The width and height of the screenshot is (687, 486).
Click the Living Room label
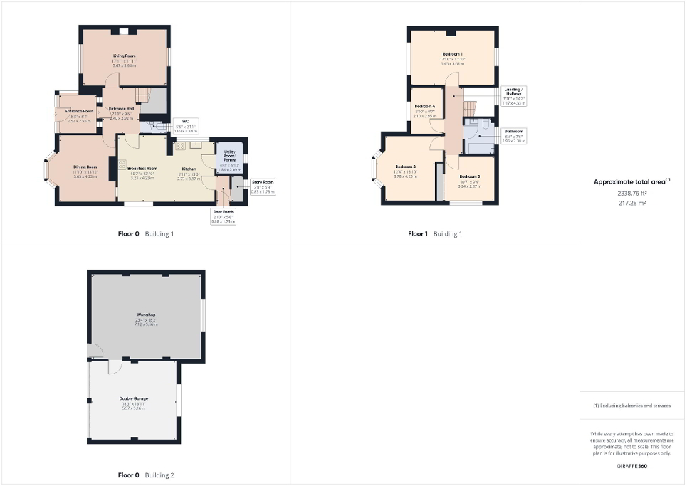click(124, 56)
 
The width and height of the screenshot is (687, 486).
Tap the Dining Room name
click(84, 169)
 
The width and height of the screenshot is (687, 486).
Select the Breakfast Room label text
click(142, 169)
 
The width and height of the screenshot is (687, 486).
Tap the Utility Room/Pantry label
click(230, 156)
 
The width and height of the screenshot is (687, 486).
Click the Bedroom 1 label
click(452, 54)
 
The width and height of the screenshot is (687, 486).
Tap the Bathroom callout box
click(514, 136)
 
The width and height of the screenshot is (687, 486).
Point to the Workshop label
click(146, 314)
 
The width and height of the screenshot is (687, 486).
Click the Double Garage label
click(134, 398)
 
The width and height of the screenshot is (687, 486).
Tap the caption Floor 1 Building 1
click(435, 233)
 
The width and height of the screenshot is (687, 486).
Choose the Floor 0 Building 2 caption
click(145, 475)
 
